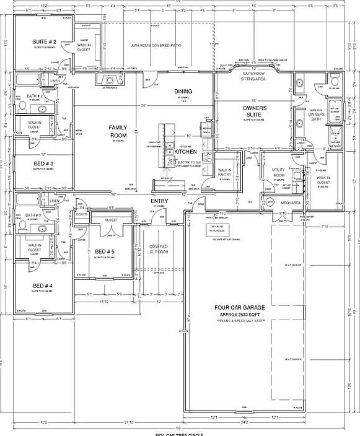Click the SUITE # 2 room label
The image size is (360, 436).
click(44, 42)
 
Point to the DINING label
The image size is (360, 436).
click(183, 91)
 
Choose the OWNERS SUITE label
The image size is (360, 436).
click(254, 111)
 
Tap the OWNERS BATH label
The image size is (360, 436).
click(316, 117)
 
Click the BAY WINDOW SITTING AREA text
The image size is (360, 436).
click(254, 76)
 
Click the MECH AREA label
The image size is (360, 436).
click(291, 203)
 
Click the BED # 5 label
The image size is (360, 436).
click(104, 251)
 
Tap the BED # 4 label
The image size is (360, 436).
click(43, 286)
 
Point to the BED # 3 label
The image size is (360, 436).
click(43, 163)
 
